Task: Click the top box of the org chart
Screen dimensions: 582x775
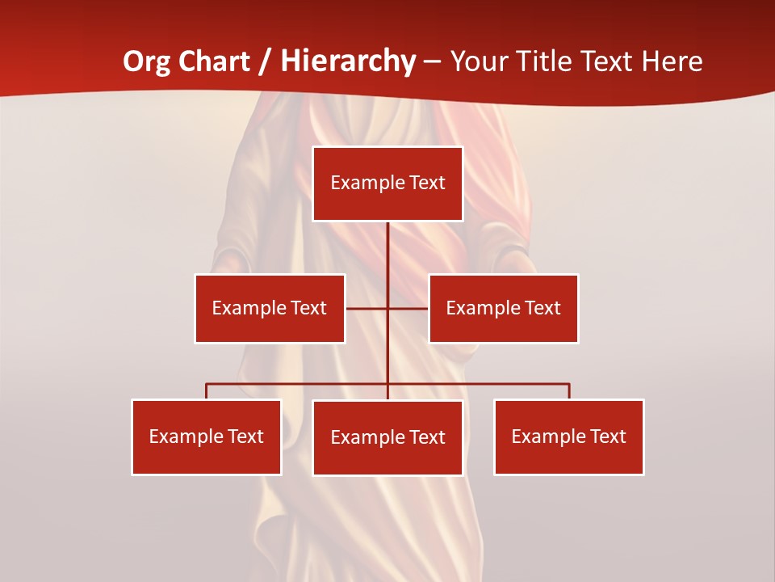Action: click(x=387, y=183)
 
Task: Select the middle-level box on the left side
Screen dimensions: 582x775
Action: click(x=270, y=308)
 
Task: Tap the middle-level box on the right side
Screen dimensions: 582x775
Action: click(x=504, y=308)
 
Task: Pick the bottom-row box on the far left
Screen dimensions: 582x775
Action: click(x=207, y=436)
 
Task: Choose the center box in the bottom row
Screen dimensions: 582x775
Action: click(x=387, y=437)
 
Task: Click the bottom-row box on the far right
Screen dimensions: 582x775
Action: click(x=569, y=436)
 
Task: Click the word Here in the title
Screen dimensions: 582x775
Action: click(x=672, y=61)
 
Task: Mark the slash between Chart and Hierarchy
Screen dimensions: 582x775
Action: click(x=264, y=61)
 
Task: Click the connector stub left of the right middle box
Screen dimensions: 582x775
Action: click(x=408, y=308)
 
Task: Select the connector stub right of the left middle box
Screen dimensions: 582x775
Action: click(x=367, y=308)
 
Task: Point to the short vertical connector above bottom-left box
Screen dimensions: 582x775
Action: click(x=207, y=391)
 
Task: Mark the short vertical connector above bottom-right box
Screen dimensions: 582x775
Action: click(x=569, y=391)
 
